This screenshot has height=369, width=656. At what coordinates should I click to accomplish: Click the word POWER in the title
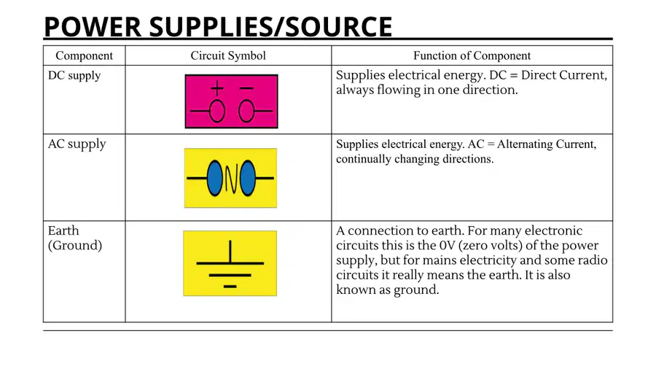coord(93,27)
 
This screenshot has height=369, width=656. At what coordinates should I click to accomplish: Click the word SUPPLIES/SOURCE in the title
coord(270,27)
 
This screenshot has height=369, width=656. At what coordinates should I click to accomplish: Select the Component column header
coord(84,55)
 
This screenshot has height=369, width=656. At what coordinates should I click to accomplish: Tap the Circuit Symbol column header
coord(228,55)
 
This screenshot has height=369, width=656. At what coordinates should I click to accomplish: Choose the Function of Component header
coord(472,55)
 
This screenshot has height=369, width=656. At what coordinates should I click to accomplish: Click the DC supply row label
coord(74,76)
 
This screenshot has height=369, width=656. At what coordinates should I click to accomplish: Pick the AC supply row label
coord(77,144)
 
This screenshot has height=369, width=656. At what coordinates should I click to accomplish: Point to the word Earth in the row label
coord(63,230)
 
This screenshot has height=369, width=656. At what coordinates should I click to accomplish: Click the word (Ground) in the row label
coord(75,245)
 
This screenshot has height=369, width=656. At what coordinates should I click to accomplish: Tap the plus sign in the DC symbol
coord(217,88)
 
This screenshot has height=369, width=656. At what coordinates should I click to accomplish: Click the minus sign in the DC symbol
coord(246,88)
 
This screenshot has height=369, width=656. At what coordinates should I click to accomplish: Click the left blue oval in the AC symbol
coord(215,178)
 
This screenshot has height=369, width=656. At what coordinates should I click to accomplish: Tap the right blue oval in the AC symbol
coord(247,178)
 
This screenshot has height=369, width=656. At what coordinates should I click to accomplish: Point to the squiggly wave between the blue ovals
coord(231,178)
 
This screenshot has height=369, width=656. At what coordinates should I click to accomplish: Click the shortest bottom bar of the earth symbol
coord(230,287)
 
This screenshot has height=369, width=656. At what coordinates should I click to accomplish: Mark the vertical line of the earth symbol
coord(230,252)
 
